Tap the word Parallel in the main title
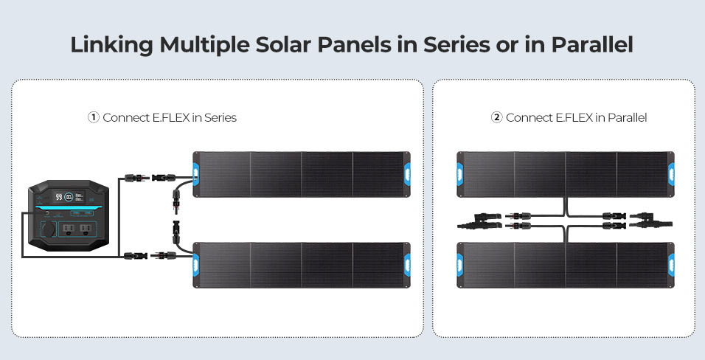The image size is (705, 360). pos(592,44)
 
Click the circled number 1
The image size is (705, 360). pos(93,117)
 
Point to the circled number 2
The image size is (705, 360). pos(496,117)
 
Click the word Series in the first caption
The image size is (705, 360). pos(220,118)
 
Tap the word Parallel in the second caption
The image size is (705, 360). pos(627,118)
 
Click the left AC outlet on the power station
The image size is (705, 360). pos(69,229)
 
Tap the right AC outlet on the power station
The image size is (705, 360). pos(84,229)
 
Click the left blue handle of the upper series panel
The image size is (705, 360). pos(196,174)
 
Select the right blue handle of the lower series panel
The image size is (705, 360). pos(407,265)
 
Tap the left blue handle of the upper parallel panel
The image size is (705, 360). pos(460,174)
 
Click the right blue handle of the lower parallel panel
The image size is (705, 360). pos(671,265)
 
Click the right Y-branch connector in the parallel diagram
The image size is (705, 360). pos(651,220)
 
